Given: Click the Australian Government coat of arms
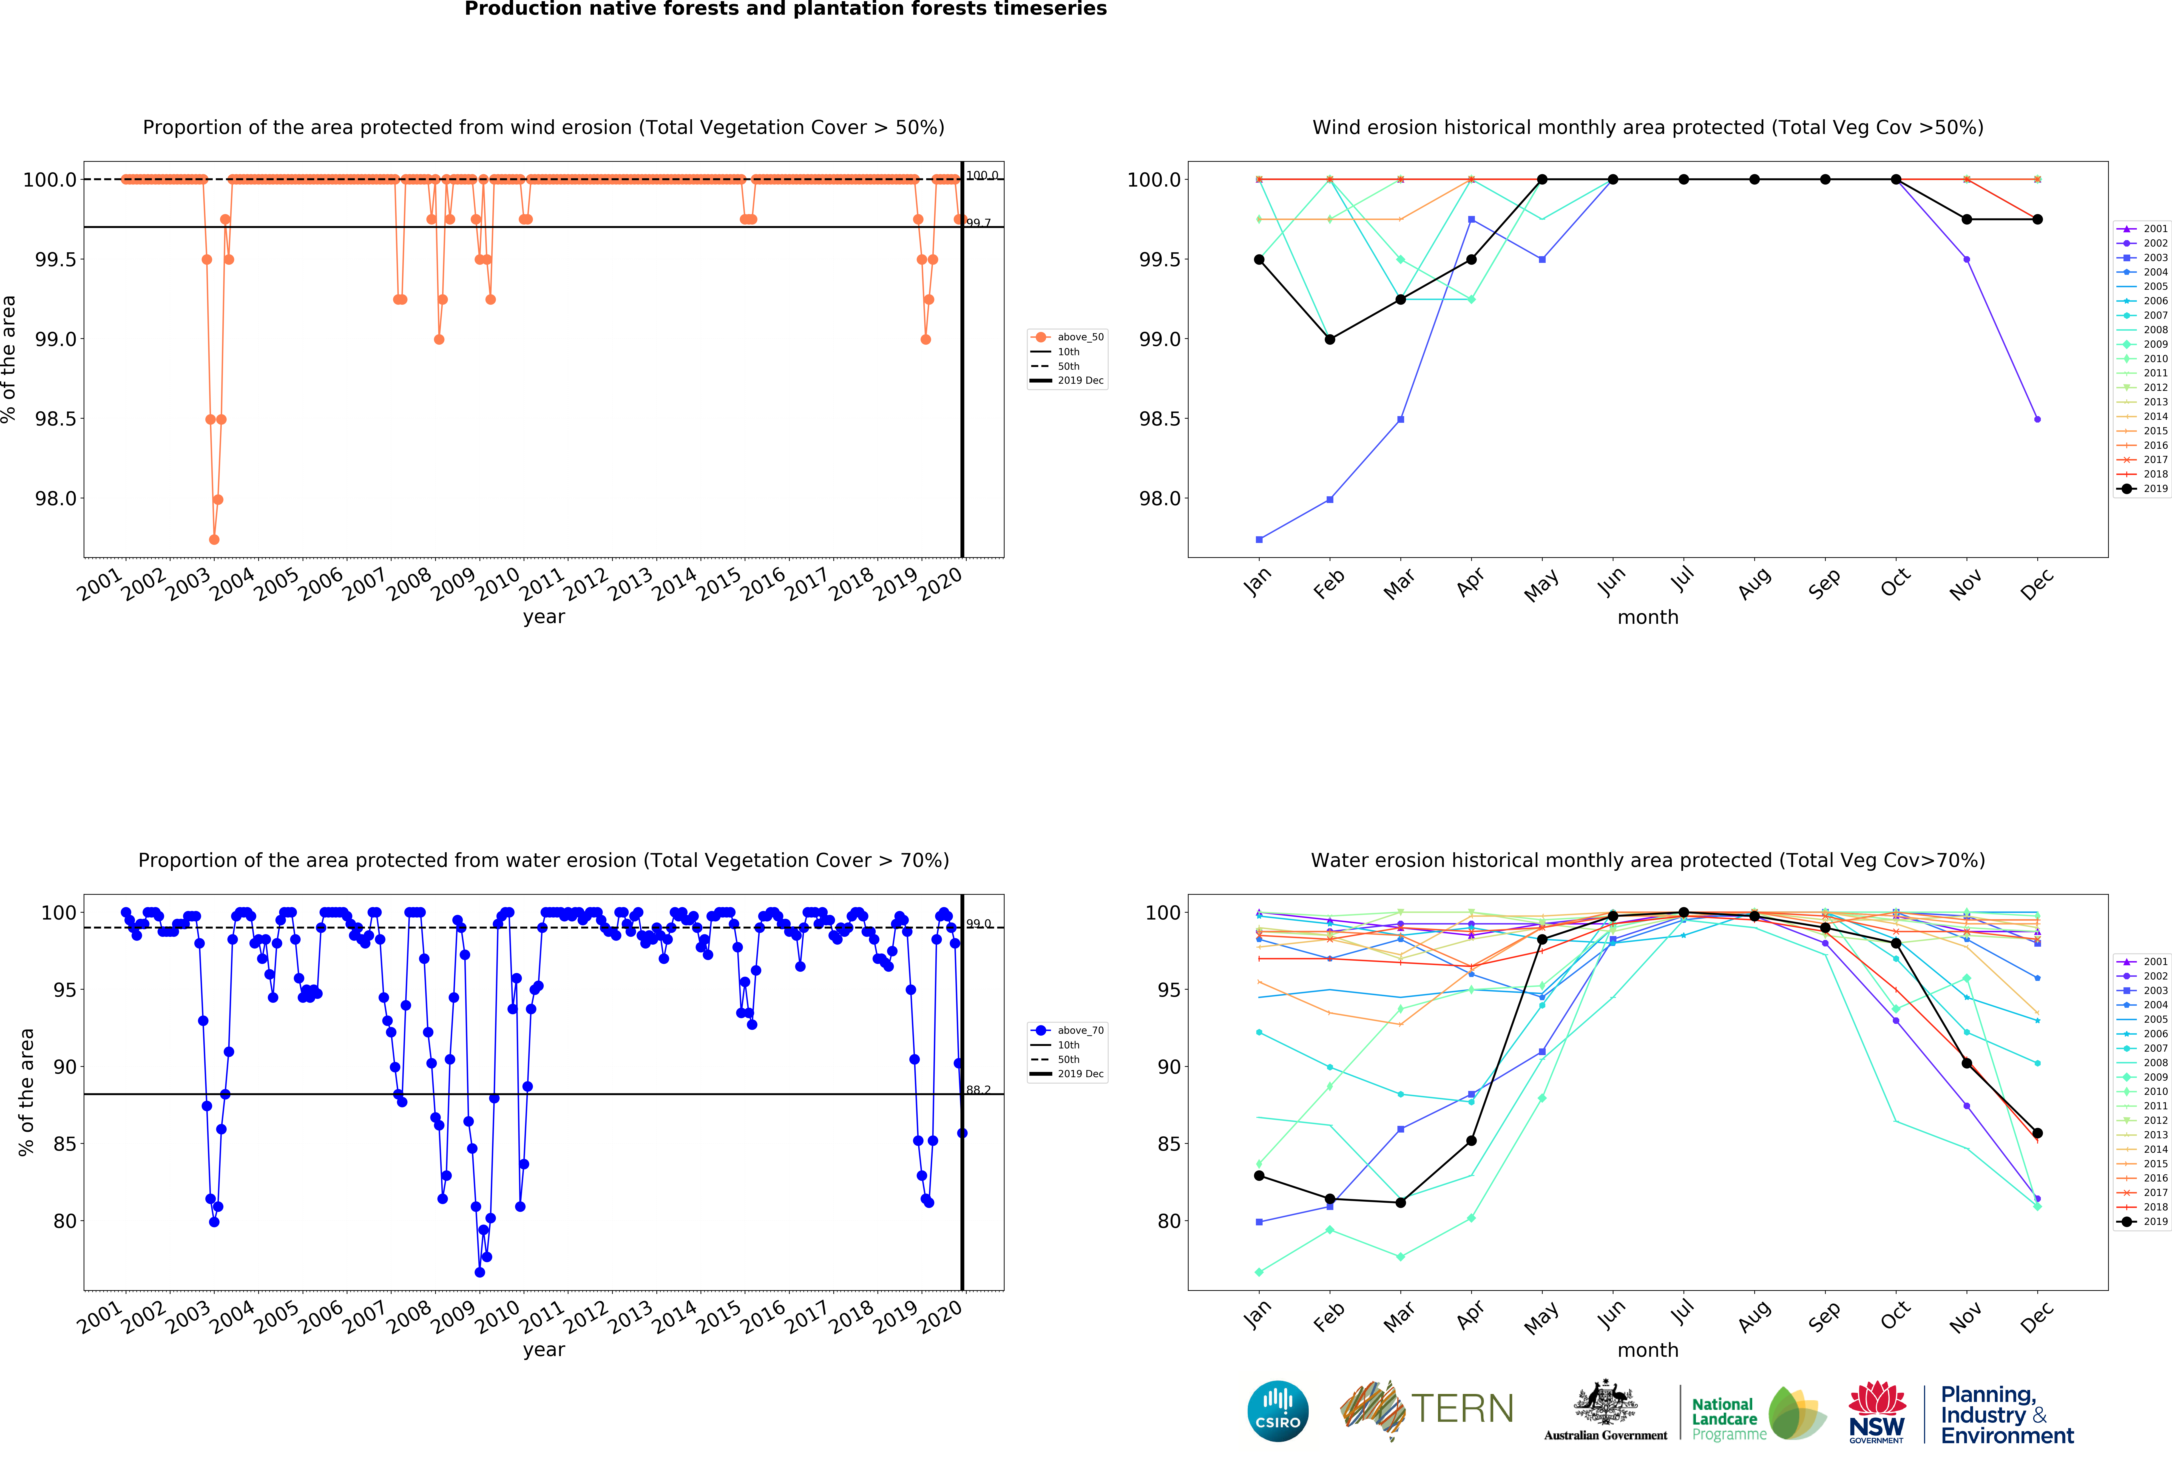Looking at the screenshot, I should [1605, 1402].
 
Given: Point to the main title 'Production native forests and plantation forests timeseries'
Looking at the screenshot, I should [785, 9].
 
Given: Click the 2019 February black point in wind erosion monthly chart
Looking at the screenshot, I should [1330, 339].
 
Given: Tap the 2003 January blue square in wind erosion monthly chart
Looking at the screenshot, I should [1259, 539].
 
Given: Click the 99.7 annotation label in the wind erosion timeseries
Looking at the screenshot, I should [979, 223].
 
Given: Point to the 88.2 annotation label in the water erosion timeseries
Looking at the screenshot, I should [979, 1090].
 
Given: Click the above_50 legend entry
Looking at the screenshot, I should [1079, 337].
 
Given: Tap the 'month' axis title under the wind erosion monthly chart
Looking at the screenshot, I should [1648, 618].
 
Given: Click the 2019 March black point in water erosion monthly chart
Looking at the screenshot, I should [1400, 1203].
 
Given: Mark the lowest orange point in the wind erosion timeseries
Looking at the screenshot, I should [214, 539].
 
